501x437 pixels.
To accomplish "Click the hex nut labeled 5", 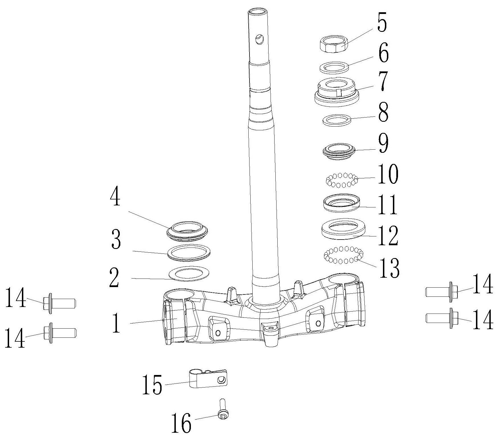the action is (332, 44).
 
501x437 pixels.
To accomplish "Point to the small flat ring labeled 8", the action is (337, 120).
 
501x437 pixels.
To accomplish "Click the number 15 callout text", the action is (152, 385).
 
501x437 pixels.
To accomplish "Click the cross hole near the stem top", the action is (260, 39).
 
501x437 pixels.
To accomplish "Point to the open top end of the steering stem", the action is (258, 12).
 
